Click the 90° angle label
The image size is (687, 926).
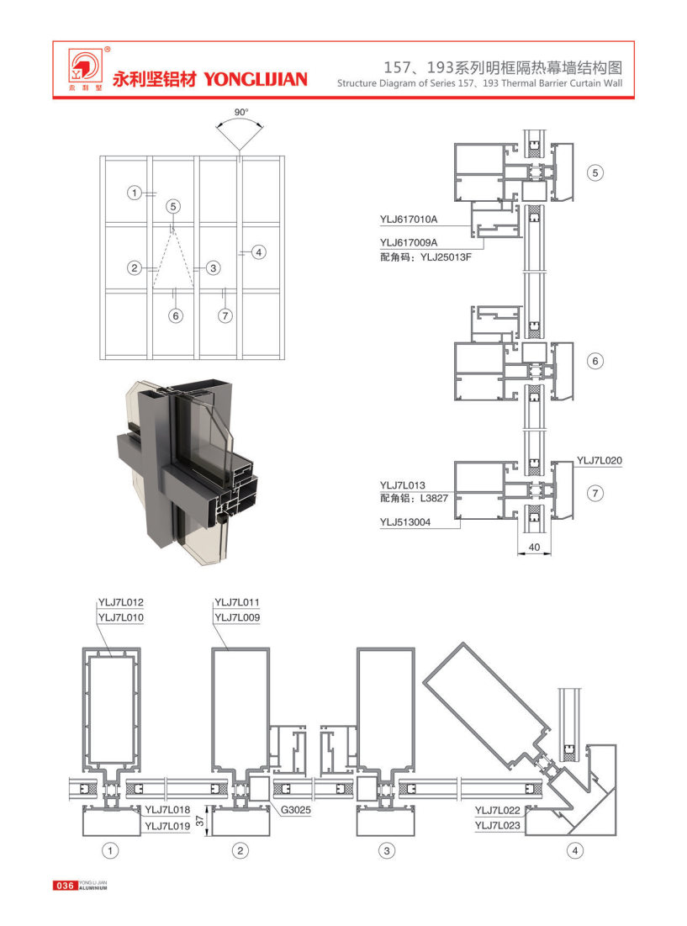241,112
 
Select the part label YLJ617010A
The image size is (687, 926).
409,220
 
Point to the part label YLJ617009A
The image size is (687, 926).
409,242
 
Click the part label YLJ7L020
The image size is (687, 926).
600,461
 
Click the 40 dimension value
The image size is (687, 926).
533,548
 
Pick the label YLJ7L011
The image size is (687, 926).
238,601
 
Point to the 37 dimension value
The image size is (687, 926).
200,820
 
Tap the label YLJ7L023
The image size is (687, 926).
498,825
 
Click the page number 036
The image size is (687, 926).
65,886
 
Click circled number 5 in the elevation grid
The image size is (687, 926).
172,206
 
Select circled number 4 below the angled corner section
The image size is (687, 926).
575,851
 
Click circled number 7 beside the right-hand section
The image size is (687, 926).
595,494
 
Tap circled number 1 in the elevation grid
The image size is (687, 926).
134,193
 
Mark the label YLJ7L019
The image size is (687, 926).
168,825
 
